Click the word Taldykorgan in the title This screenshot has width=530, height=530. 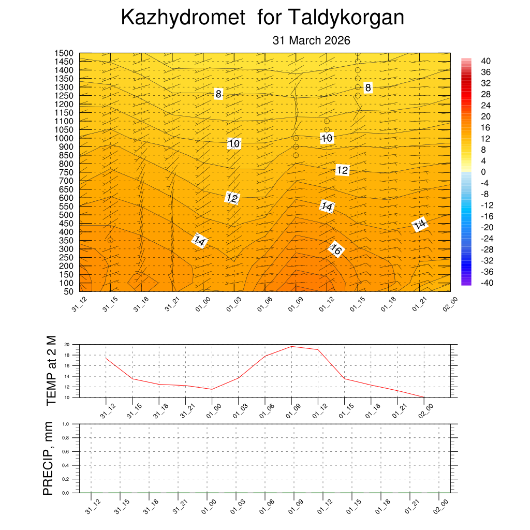pyautogui.click(x=345, y=18)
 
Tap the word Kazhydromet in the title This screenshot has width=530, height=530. pyautogui.click(x=183, y=18)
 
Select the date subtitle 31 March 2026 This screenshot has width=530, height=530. pyautogui.click(x=312, y=40)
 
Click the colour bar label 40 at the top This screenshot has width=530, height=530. pyautogui.click(x=485, y=61)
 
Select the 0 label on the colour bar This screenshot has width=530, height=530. pyautogui.click(x=483, y=172)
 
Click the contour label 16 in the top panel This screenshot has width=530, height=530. pyautogui.click(x=335, y=251)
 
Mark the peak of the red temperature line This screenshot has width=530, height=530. pyautogui.click(x=292, y=346)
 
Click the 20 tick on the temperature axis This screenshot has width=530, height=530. pyautogui.click(x=67, y=345)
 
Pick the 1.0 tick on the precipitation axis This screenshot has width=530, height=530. pyautogui.click(x=66, y=424)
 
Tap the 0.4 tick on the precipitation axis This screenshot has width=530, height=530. pyautogui.click(x=66, y=465)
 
